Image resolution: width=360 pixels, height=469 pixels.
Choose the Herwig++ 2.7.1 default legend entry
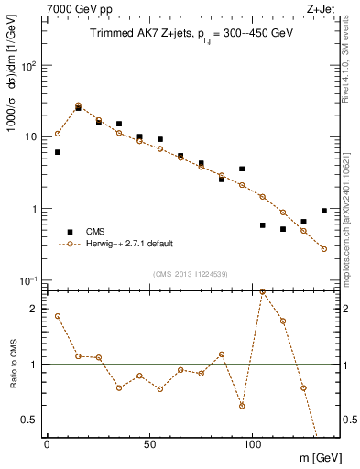pyautogui.click(x=128, y=244)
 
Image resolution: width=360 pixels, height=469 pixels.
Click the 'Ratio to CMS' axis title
pyautogui.click(x=13, y=365)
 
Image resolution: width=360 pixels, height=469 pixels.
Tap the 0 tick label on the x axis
pyautogui.click(x=47, y=443)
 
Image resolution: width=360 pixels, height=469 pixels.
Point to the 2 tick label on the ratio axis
pyautogui.click(x=32, y=309)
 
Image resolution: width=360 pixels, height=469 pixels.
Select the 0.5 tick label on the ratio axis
pyautogui.click(x=28, y=420)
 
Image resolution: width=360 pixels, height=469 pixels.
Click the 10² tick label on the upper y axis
pyautogui.click(x=27, y=66)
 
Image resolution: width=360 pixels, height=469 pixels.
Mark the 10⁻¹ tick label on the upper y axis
pyautogui.click(x=27, y=279)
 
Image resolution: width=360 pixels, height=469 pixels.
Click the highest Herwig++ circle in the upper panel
pyautogui.click(x=78, y=105)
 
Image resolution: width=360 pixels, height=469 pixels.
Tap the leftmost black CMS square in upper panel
pyautogui.click(x=58, y=152)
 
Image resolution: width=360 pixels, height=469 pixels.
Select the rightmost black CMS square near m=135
pyautogui.click(x=324, y=211)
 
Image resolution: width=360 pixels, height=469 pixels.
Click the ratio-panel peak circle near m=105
pyautogui.click(x=263, y=291)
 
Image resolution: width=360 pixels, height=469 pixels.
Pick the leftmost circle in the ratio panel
pyautogui.click(x=58, y=316)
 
